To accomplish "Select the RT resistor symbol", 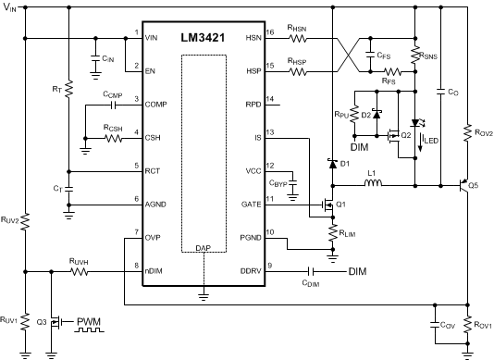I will coord(69,93).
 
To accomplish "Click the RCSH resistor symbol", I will coord(113,140).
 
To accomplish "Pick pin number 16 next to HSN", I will coord(270,33).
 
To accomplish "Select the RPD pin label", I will coord(253,105).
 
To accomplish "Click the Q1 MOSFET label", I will coord(342,204).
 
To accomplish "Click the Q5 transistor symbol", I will coord(463,185).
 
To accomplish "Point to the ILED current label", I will coord(431,140).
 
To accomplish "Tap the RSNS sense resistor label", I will coord(427,55).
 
